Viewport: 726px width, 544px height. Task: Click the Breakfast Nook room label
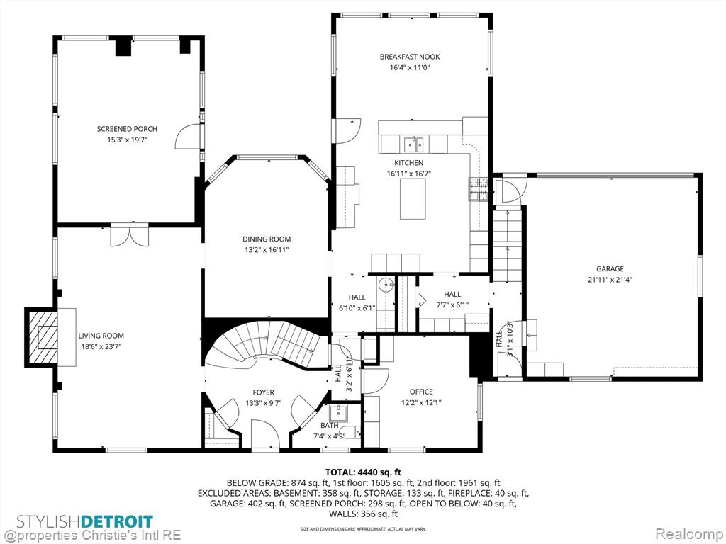(410, 57)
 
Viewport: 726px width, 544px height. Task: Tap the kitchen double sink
(413, 144)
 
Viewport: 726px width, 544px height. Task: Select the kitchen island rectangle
(413, 198)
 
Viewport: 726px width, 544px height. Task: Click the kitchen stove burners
(479, 189)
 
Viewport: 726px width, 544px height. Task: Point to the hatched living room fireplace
(41, 336)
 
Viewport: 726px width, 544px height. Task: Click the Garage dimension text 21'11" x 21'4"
(610, 279)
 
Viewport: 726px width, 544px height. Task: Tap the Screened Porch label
(127, 129)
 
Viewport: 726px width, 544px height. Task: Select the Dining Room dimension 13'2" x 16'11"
(267, 250)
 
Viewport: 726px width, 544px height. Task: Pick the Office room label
(421, 392)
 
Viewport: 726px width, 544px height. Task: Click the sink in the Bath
(338, 412)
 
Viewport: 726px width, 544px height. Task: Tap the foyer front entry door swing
(265, 434)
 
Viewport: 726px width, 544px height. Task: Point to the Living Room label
(101, 336)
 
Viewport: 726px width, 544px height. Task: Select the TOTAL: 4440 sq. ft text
(363, 472)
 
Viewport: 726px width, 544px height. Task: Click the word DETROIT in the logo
(117, 522)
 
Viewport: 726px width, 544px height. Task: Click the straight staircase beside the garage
(507, 244)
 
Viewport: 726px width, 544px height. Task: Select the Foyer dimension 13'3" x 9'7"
(264, 403)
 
